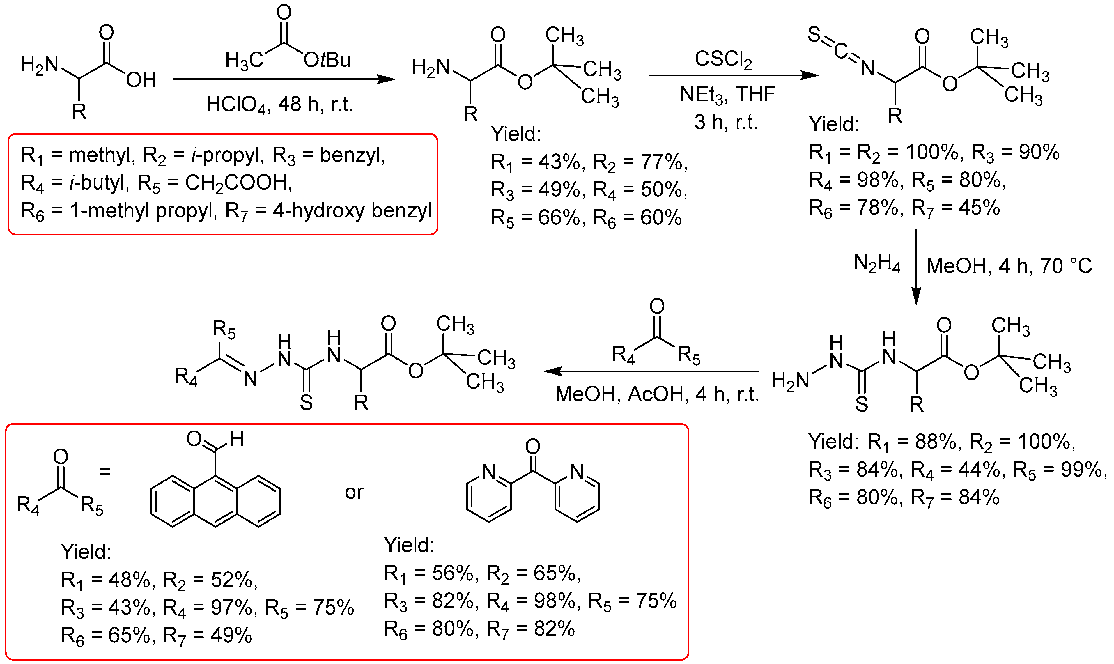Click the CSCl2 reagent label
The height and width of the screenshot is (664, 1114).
coord(723,59)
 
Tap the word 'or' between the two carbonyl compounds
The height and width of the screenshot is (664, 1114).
coord(354,492)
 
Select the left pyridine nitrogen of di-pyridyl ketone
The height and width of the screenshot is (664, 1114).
coord(489,472)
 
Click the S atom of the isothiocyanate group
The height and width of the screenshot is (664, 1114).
coord(814,34)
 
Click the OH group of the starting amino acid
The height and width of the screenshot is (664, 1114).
coord(141,80)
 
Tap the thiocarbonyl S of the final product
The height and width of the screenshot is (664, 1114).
coord(306,403)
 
